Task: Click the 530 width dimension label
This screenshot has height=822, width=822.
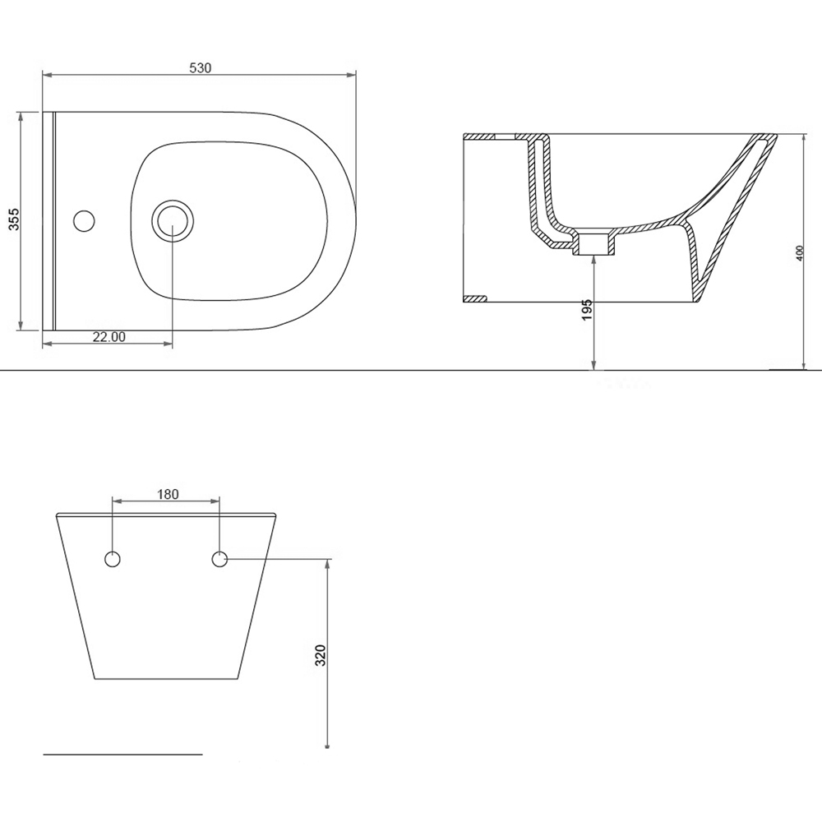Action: (x=201, y=67)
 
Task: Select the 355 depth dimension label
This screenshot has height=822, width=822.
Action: (x=14, y=219)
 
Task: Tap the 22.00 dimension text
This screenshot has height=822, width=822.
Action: (x=109, y=337)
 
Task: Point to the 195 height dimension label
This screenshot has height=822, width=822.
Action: (x=587, y=311)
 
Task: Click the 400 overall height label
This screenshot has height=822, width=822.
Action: (x=800, y=254)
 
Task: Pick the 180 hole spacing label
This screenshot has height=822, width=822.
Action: (x=168, y=494)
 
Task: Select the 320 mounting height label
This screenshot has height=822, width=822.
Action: (x=321, y=655)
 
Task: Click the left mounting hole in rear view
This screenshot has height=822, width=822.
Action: (x=113, y=559)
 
